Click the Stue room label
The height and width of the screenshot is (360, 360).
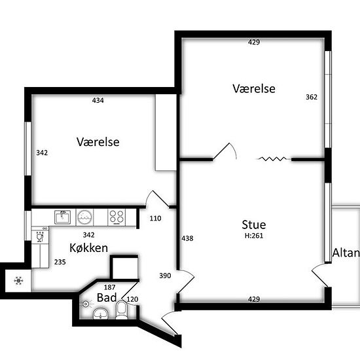pyautogui.click(x=254, y=225)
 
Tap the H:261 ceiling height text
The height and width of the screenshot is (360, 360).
pyautogui.click(x=254, y=236)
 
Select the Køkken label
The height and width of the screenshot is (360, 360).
pyautogui.click(x=88, y=248)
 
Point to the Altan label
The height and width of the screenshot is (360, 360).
pyautogui.click(x=346, y=253)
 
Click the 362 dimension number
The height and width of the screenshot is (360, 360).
pyautogui.click(x=312, y=97)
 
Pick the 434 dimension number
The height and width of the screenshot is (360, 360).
pyautogui.click(x=98, y=100)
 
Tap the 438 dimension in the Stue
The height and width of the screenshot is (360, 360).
pyautogui.click(x=187, y=238)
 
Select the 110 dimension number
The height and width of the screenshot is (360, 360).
pyautogui.click(x=155, y=219)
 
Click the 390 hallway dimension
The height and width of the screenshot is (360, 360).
pyautogui.click(x=165, y=276)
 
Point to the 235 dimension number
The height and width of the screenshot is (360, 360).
pyautogui.click(x=60, y=262)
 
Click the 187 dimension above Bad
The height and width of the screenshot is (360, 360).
pyautogui.click(x=109, y=287)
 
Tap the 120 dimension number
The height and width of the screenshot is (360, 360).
pyautogui.click(x=132, y=299)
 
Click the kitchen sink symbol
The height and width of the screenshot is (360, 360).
pyautogui.click(x=62, y=217)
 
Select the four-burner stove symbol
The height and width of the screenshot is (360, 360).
pyautogui.click(x=117, y=217)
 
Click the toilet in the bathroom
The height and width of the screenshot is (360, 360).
pyautogui.click(x=122, y=310)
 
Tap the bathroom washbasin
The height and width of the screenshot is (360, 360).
pyautogui.click(x=101, y=314)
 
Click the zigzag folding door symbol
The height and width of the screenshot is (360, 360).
pyautogui.click(x=272, y=158)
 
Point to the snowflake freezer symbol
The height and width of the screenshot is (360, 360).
pyautogui.click(x=18, y=281)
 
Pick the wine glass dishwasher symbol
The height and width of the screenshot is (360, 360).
pyautogui.click(x=40, y=237)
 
